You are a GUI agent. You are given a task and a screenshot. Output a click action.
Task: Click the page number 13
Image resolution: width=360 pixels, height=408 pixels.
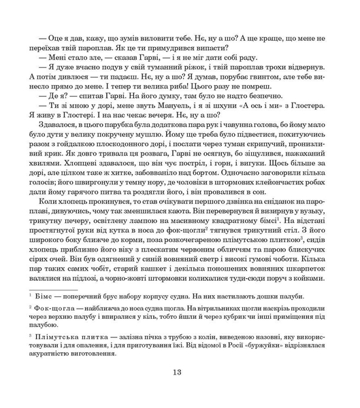click(179, 371)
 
